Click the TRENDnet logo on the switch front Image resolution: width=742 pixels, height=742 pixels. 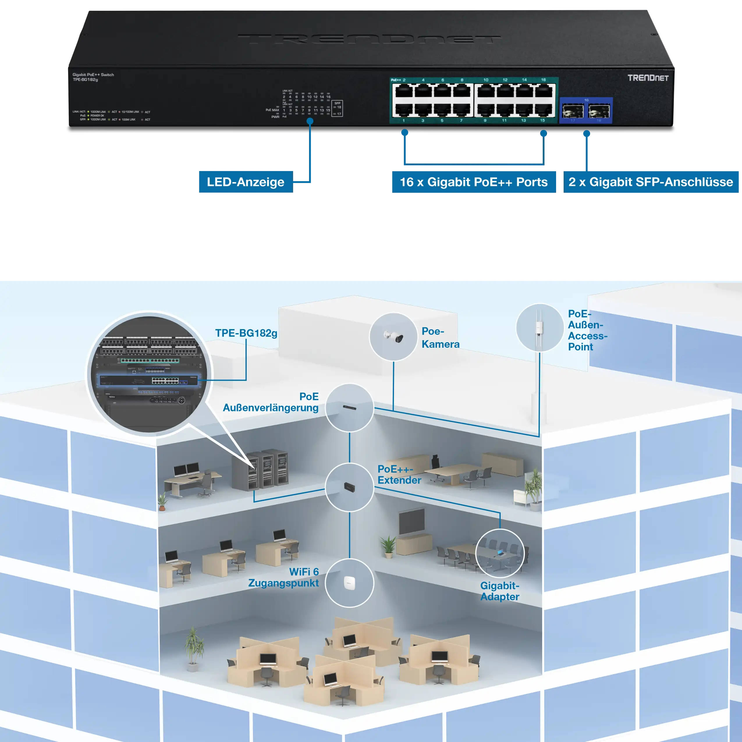[648, 78]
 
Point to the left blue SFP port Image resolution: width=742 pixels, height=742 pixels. [573, 111]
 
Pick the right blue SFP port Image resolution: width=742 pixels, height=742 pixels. [599, 111]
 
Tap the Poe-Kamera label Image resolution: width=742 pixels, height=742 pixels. [440, 338]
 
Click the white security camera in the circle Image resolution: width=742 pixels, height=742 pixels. [394, 337]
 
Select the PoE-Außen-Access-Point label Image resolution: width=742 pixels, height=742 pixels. [587, 330]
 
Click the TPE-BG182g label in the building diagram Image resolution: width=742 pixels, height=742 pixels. [246, 333]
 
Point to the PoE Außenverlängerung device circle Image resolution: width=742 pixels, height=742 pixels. [349, 407]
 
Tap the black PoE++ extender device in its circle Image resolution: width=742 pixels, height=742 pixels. [349, 487]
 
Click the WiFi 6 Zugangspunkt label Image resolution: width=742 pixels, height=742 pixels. [284, 577]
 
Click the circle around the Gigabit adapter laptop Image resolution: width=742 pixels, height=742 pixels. [500, 553]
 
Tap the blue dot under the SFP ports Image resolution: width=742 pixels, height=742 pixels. [586, 134]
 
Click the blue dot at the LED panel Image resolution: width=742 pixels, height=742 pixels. [310, 121]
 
